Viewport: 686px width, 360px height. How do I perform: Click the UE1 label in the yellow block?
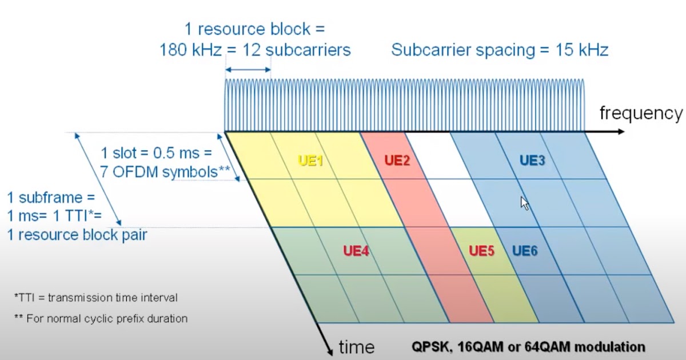tap(311, 161)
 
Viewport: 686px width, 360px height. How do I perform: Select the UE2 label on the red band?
tap(397, 161)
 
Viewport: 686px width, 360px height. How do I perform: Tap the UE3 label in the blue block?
tap(532, 161)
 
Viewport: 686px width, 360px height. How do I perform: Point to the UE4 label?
tap(356, 251)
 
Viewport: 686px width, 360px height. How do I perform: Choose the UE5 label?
tap(481, 251)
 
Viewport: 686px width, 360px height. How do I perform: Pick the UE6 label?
tap(525, 251)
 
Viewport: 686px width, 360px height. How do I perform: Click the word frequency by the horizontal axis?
tap(640, 113)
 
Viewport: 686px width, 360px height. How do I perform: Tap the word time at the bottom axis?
tap(357, 346)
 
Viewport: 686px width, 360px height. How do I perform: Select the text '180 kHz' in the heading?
tap(190, 50)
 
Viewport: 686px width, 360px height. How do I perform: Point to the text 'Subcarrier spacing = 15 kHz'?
tap(500, 50)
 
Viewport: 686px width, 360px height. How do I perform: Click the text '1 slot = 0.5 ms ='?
tap(156, 153)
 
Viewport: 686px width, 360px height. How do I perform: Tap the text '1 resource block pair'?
tap(77, 234)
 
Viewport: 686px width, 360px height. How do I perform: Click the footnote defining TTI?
tap(95, 298)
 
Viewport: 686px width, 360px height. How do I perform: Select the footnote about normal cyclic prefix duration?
tap(101, 318)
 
